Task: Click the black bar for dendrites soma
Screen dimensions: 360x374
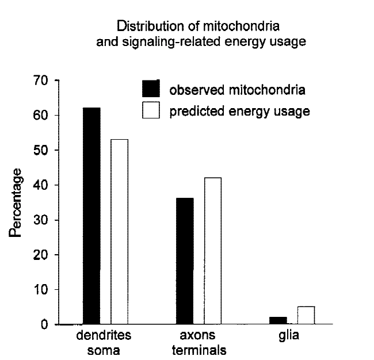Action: (x=91, y=216)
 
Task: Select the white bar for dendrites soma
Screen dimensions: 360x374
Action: (x=120, y=232)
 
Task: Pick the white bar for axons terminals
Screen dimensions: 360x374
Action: (x=213, y=251)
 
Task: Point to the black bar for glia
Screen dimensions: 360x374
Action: (x=278, y=321)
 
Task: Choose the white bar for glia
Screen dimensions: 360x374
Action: (x=306, y=316)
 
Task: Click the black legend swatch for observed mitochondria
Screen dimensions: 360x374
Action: (x=150, y=89)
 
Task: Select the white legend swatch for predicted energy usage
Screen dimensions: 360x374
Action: (x=150, y=110)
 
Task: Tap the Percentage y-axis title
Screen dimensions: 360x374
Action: (x=16, y=202)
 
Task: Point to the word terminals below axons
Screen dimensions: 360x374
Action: (x=198, y=349)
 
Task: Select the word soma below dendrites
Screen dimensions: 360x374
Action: (x=104, y=349)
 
